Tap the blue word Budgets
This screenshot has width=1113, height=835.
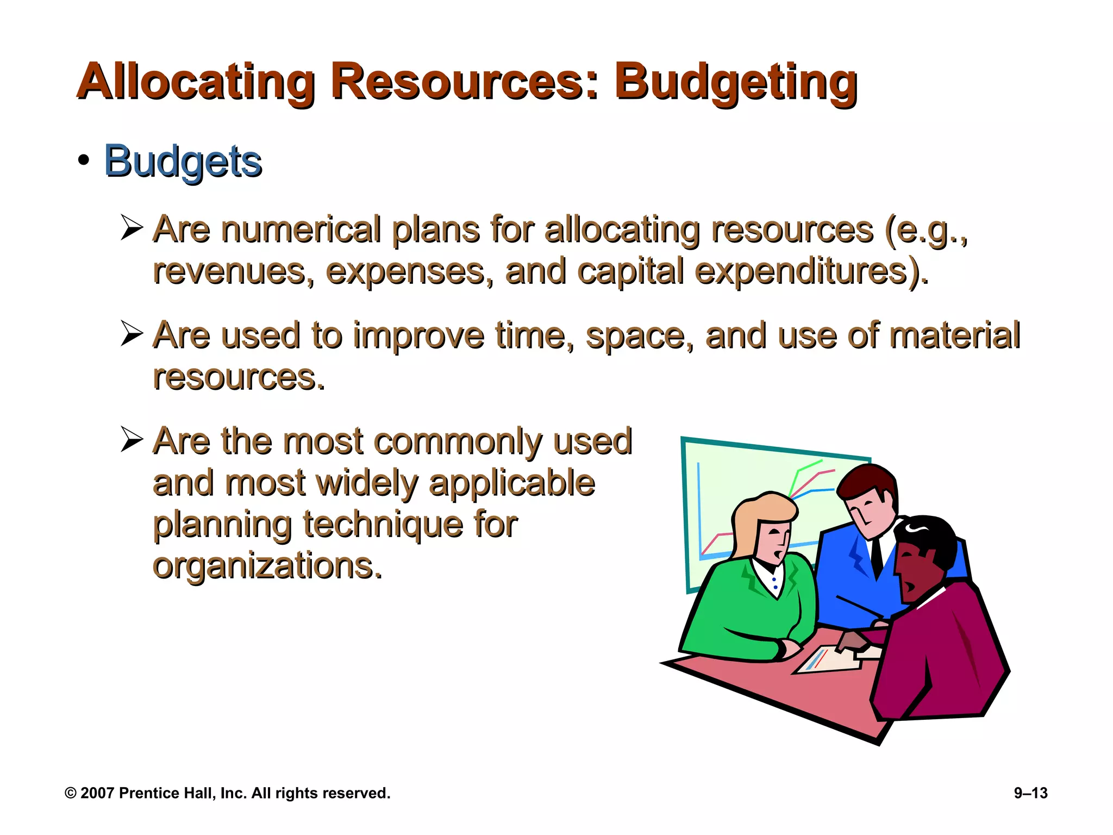[x=183, y=161]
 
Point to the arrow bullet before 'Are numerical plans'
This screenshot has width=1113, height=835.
[x=132, y=228]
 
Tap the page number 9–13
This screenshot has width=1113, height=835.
[x=1030, y=793]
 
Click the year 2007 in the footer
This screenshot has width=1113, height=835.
[x=97, y=793]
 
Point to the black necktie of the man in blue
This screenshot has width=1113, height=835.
[x=876, y=557]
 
